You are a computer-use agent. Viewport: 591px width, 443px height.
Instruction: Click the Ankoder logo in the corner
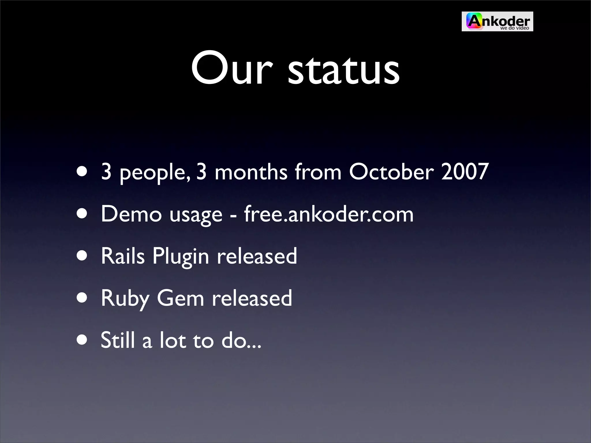(x=497, y=21)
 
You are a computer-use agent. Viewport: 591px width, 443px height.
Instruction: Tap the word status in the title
(x=343, y=69)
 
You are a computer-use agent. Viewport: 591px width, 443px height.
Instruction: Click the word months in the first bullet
(x=251, y=172)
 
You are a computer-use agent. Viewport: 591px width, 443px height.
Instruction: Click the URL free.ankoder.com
(x=329, y=214)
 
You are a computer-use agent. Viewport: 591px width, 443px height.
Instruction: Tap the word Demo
(x=131, y=214)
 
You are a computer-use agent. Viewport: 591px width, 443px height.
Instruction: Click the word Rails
(x=123, y=256)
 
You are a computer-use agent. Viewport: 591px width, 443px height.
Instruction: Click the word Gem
(x=181, y=298)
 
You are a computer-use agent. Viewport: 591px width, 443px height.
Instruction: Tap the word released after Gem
(x=252, y=298)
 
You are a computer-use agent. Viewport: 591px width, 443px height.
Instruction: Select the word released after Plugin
(x=257, y=256)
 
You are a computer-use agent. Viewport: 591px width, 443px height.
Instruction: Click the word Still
(x=118, y=340)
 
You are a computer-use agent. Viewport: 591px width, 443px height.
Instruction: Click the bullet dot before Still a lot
(x=82, y=341)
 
